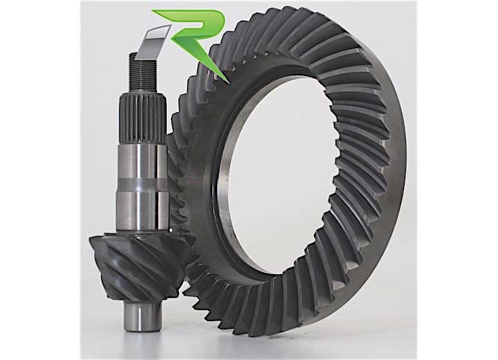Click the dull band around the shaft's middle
click(143, 185)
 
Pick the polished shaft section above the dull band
click(143, 162)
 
